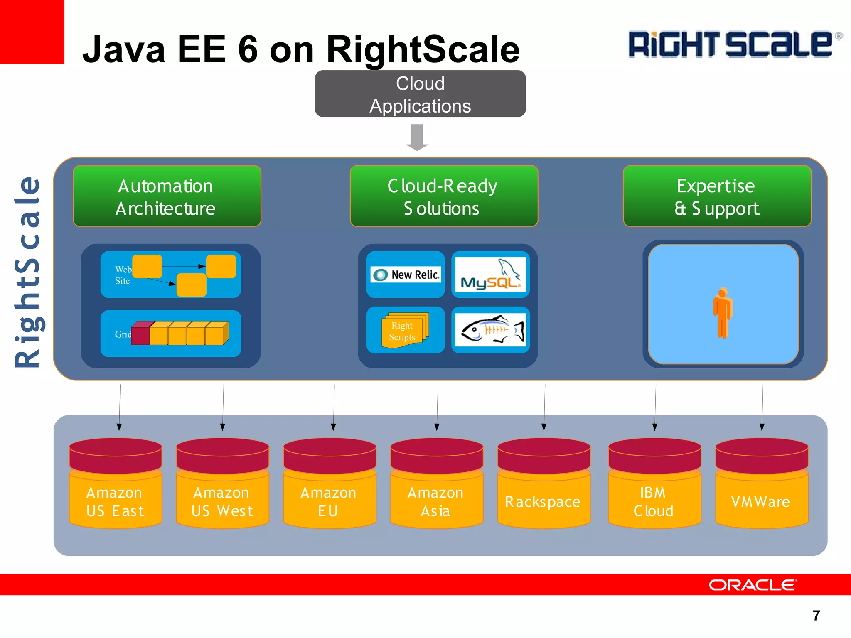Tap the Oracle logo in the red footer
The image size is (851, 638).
coord(753,585)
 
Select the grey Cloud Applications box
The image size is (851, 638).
coord(420,94)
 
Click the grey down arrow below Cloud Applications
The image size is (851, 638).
coord(417,137)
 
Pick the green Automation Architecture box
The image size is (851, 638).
coord(167,196)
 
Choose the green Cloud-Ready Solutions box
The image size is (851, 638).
coord(444,196)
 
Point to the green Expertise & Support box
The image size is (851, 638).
coord(717,196)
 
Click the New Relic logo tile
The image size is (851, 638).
coord(406,275)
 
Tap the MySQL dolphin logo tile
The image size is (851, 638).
coord(490,275)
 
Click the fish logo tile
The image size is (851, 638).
coord(490,330)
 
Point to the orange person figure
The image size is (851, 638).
coord(723,312)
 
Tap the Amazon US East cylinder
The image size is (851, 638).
coord(116,483)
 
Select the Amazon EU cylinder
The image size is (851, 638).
coord(330,483)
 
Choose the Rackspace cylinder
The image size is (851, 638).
coord(544,483)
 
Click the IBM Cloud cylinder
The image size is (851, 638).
coord(654,483)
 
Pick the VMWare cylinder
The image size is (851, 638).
coord(762,483)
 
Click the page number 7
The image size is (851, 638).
coord(816,615)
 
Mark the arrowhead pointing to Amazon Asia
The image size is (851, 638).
coord(437,427)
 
